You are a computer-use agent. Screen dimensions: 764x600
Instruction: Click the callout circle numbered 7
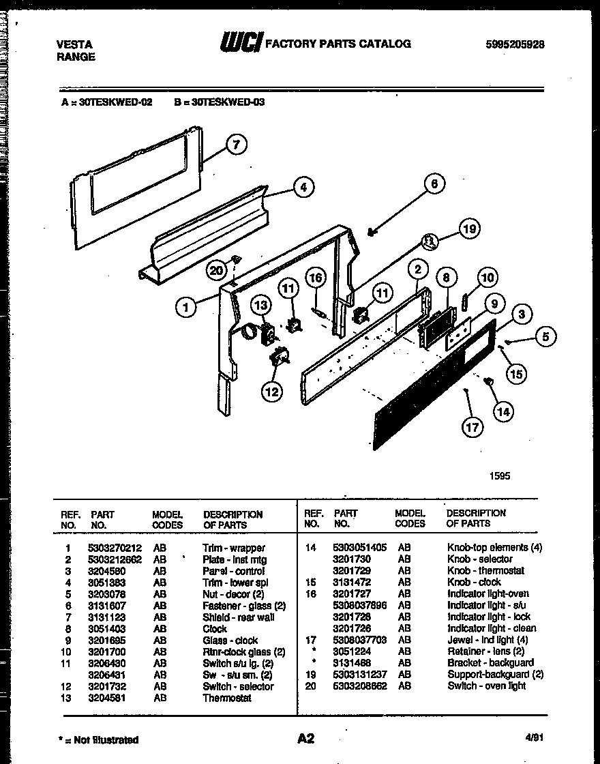click(x=236, y=145)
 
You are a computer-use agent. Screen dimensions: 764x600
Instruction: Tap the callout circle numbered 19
click(x=468, y=229)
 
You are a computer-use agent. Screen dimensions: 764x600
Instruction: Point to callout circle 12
click(x=272, y=391)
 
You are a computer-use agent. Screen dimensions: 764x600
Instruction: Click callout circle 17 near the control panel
click(x=472, y=428)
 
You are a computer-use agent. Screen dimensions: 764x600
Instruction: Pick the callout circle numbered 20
click(x=216, y=271)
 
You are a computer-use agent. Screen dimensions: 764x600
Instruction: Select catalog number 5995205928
click(x=515, y=44)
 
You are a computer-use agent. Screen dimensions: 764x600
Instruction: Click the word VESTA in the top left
click(x=74, y=44)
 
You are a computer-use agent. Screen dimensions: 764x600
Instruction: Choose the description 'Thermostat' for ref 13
click(x=227, y=699)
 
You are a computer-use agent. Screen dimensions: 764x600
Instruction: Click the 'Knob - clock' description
click(x=474, y=583)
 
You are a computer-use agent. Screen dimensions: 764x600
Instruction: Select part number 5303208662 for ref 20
click(x=359, y=686)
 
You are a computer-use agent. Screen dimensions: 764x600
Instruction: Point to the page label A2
click(x=305, y=739)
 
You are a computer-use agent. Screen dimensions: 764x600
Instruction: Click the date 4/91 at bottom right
click(x=535, y=738)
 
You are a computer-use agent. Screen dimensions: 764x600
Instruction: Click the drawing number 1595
click(x=499, y=476)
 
